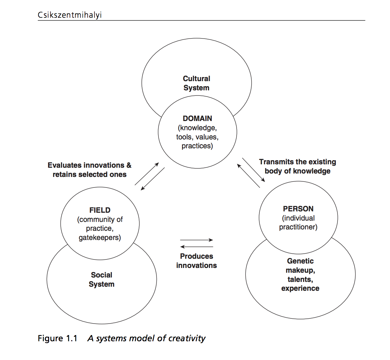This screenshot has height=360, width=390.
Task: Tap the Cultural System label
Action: point(196,83)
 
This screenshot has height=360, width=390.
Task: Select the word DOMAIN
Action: point(197,119)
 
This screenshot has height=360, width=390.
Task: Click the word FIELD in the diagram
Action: point(100,210)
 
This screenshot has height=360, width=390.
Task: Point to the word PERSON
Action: point(298,209)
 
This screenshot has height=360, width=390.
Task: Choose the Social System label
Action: point(102,280)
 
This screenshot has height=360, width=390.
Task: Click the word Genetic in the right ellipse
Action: point(300,261)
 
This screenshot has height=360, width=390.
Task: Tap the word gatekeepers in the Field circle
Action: point(100,238)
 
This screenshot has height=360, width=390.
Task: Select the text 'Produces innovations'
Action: point(196,261)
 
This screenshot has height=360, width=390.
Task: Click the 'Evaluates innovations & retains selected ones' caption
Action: point(89,170)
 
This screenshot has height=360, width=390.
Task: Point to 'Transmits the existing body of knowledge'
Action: point(297,166)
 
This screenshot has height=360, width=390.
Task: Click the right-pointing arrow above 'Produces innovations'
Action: point(197,240)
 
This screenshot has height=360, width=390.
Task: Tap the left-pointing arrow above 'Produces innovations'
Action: point(197,246)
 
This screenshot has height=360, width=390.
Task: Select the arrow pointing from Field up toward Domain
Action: point(147,174)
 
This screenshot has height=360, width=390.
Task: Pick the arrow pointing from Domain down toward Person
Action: point(254,170)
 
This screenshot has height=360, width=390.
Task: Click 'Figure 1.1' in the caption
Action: point(57,339)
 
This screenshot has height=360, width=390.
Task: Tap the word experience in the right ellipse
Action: point(300,288)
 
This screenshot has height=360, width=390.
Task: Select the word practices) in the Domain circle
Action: point(197,146)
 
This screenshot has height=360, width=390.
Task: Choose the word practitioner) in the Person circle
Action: point(298,227)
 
